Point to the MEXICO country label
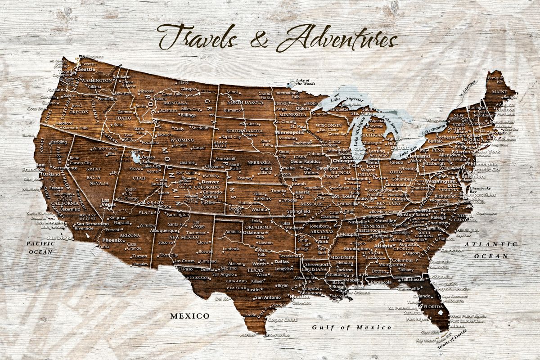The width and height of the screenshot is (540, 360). pyautogui.click(x=189, y=316)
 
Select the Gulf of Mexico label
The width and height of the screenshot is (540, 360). pyautogui.click(x=352, y=327)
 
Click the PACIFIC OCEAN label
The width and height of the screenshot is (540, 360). pyautogui.click(x=40, y=248)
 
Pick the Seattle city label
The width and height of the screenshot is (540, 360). pyautogui.click(x=87, y=69)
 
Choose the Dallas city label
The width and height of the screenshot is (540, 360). pyautogui.click(x=281, y=261)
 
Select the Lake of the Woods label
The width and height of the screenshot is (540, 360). pyautogui.click(x=305, y=82)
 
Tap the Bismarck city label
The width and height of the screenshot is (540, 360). pyautogui.click(x=233, y=110)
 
